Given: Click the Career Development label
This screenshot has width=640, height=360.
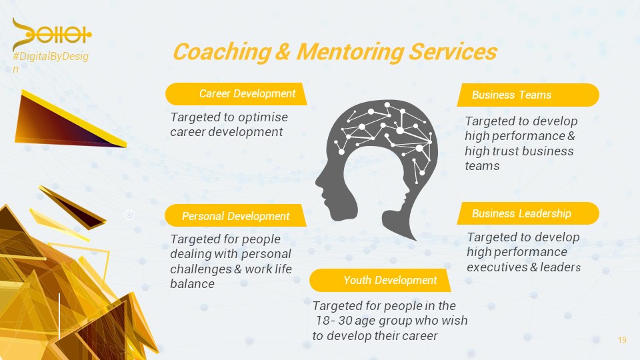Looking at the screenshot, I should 247,94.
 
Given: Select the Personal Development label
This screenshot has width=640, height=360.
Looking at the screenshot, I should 235,216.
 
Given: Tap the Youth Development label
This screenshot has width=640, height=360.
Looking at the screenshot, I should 390,280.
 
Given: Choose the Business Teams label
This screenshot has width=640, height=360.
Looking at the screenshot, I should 511,95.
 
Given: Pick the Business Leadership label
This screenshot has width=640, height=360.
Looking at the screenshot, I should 521,213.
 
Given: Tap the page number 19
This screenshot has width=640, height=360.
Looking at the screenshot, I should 622,341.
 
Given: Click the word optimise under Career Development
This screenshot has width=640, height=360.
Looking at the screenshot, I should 263,117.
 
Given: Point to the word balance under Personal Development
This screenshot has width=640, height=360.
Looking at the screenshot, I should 192,284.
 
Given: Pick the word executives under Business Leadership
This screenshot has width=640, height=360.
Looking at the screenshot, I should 497,267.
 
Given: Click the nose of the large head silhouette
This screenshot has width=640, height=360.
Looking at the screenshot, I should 318,179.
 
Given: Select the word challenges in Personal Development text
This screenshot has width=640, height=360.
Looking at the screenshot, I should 200,269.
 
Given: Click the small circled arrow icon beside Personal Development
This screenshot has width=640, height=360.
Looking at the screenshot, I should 130,214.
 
